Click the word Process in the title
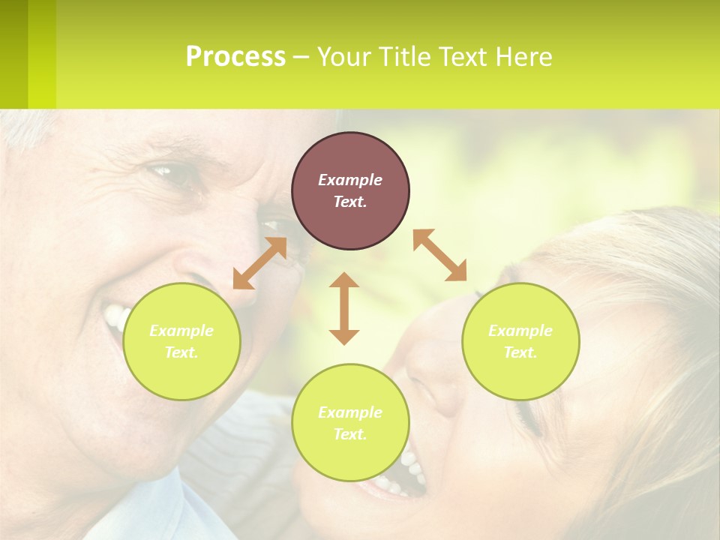pos(235,57)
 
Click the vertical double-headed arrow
pos(344,308)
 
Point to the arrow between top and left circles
pos(259,263)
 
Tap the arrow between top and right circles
pos(440,255)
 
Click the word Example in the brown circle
pos(350,180)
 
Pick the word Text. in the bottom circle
pos(350,434)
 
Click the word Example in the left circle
pos(181,331)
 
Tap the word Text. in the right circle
pos(520,352)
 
